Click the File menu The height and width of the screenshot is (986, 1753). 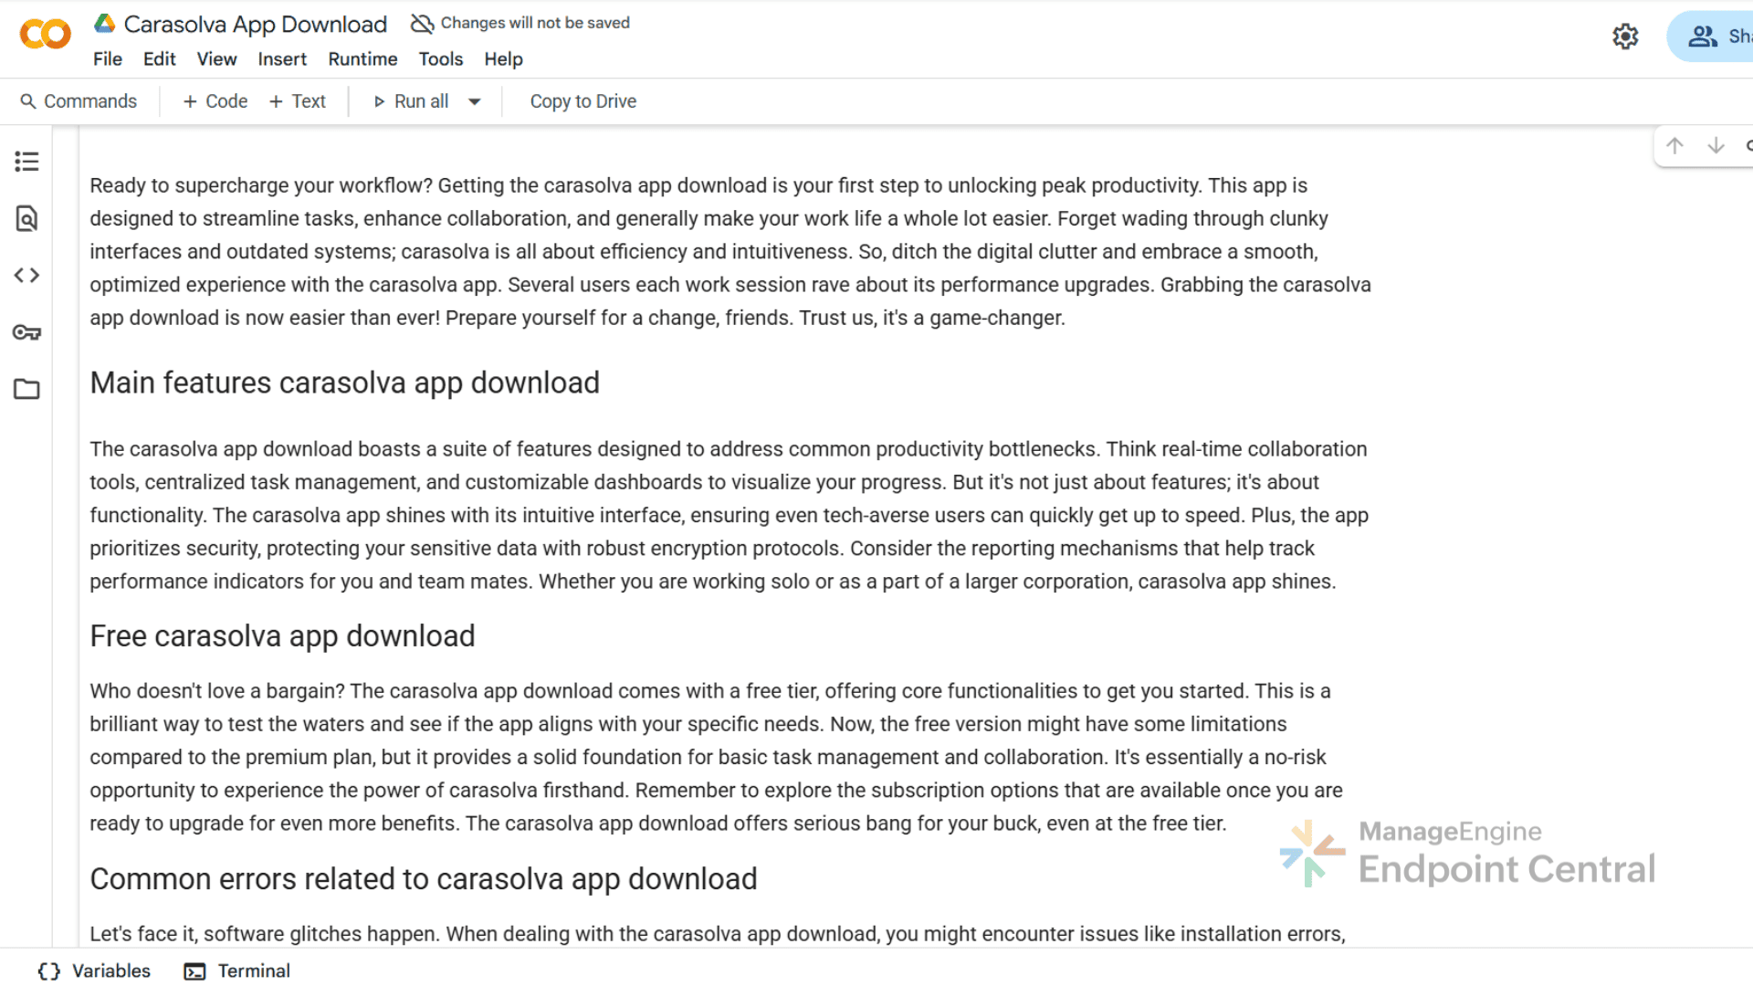coord(107,59)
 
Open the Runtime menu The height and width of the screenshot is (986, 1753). coord(362,59)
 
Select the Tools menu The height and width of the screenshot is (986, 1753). coord(441,59)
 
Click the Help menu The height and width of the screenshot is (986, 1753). coord(503,59)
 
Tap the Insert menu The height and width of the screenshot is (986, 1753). coord(282,59)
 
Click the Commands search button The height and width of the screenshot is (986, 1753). coord(79,101)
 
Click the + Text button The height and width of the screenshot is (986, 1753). coord(298,101)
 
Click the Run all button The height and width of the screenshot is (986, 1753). coord(412,101)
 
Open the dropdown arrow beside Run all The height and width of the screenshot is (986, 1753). coord(475,101)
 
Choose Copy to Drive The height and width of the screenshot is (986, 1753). coord(583,101)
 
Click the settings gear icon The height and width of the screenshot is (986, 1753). coord(1625,37)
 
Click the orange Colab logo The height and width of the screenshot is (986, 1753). coord(45,35)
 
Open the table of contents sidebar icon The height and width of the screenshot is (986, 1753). coord(26,162)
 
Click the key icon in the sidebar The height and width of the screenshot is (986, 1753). coord(26,332)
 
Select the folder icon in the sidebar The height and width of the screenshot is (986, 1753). coord(26,390)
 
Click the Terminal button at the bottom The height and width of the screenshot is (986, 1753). coord(237,971)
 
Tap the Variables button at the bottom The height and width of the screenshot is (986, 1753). coord(94,971)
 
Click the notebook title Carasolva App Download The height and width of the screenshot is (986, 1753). coord(256,25)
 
